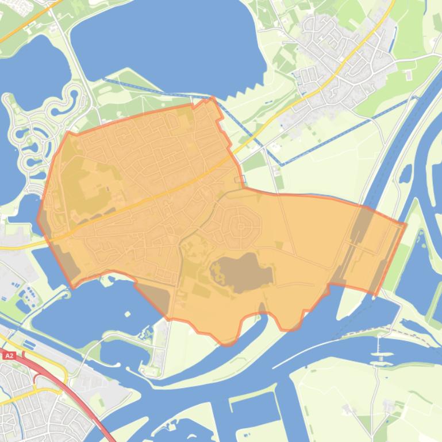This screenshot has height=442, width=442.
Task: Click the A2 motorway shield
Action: (9, 356)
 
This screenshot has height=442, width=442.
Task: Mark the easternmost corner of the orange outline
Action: (405, 224)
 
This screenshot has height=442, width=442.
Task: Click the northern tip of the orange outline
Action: (212, 99)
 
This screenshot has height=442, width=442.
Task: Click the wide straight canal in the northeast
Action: (397, 144)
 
